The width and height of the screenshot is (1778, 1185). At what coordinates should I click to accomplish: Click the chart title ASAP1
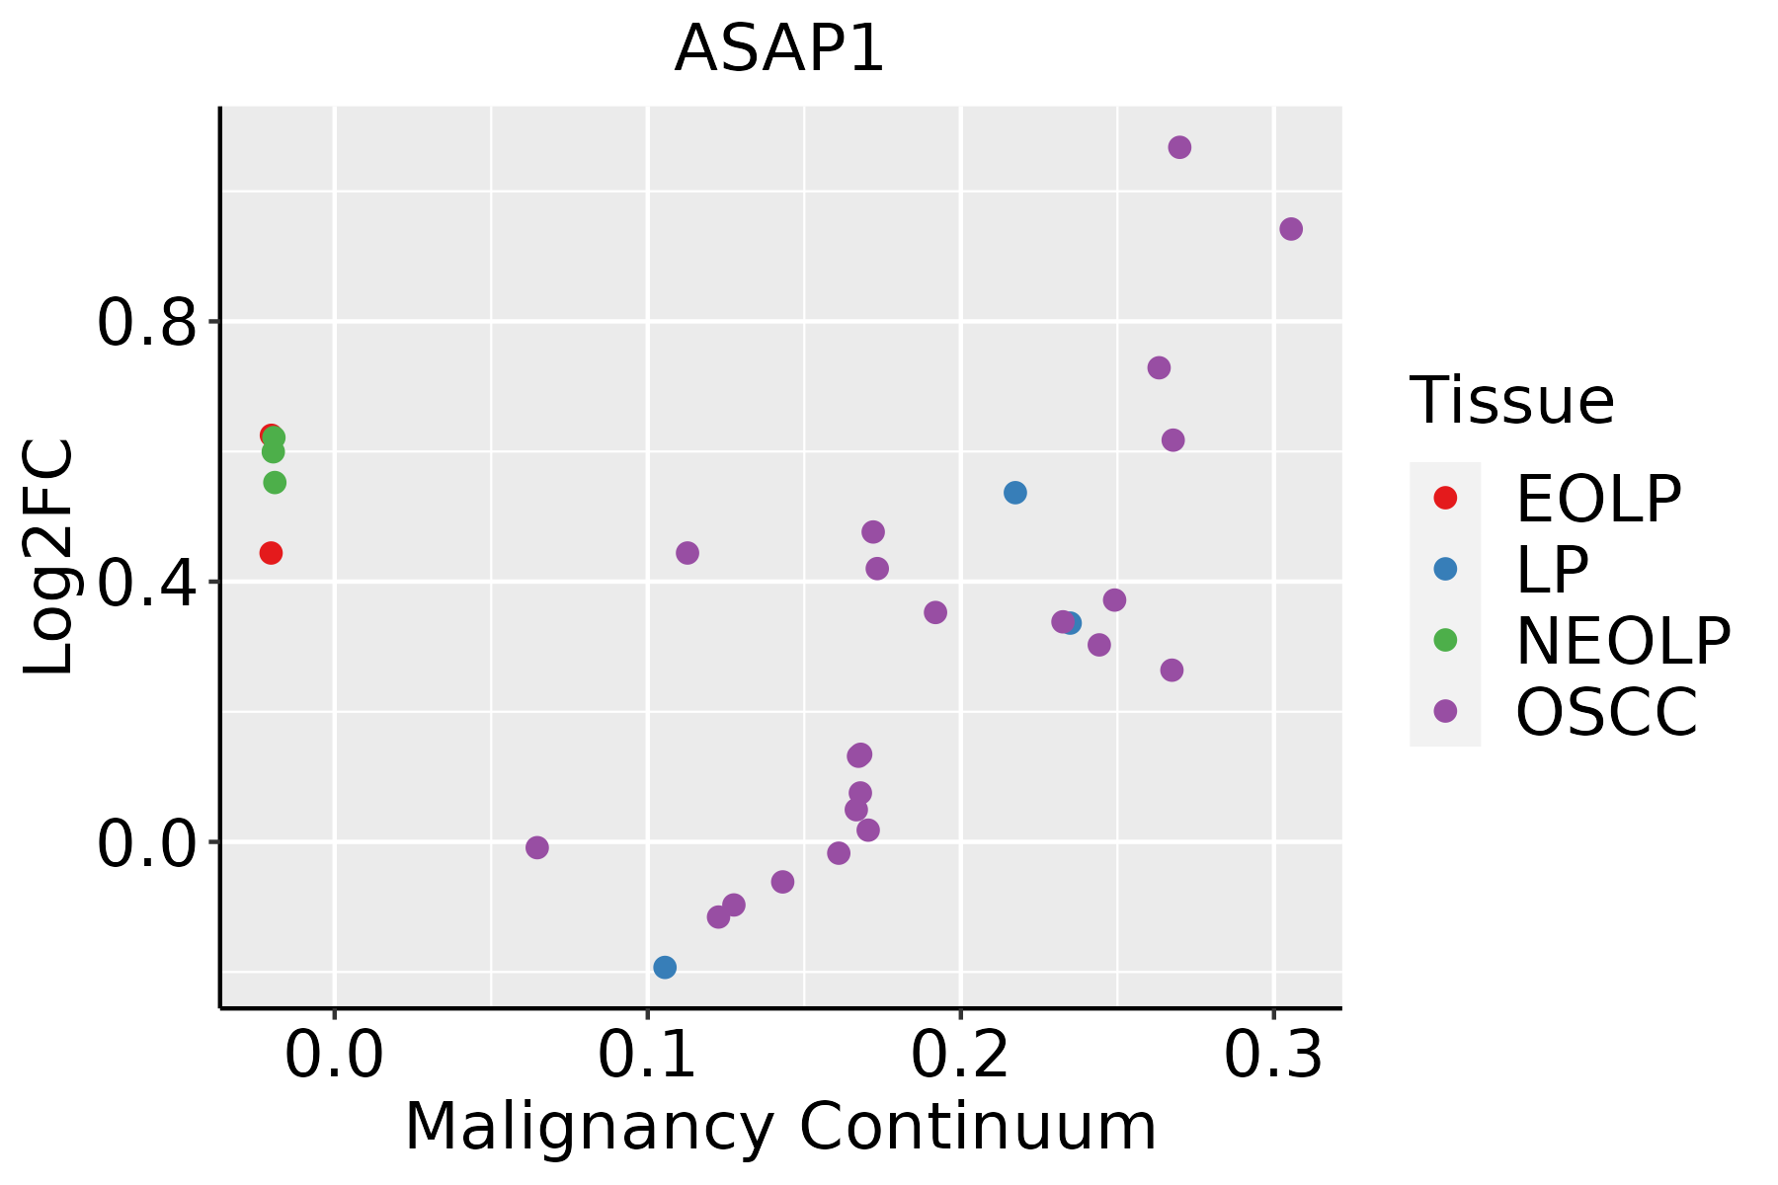[779, 49]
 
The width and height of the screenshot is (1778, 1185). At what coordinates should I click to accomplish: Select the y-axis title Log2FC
[49, 558]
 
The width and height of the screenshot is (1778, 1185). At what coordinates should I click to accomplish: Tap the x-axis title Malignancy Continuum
[780, 1128]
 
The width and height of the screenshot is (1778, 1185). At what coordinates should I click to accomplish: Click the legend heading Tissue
[1511, 401]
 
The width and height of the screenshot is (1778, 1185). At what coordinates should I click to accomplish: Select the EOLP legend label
[1598, 499]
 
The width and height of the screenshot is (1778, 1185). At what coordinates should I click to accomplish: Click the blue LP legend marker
[1445, 569]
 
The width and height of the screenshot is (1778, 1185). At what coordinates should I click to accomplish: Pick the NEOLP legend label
[1623, 641]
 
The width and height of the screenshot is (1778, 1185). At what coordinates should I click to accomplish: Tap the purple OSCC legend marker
[1445, 711]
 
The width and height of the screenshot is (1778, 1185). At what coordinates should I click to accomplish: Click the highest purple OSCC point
[1179, 148]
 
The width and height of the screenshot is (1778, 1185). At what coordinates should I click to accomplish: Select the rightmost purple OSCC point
[1291, 229]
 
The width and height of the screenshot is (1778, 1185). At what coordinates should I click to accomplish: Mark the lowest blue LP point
[665, 967]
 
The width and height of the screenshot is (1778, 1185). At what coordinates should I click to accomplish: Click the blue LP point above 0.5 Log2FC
[1015, 493]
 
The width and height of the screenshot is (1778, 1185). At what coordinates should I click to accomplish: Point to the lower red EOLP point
[271, 553]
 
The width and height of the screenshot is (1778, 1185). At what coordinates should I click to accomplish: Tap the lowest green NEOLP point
[275, 483]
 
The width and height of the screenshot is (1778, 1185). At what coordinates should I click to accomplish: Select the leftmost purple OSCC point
[537, 847]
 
